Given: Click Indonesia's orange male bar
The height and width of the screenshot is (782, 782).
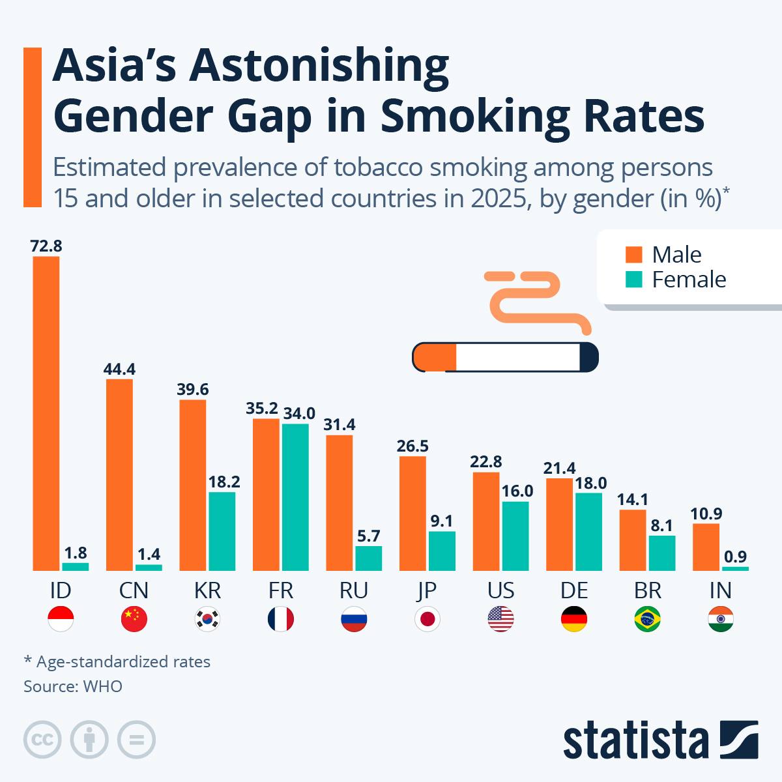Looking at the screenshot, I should pos(46,413).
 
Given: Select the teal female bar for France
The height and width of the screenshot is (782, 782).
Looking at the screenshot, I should pos(295,497).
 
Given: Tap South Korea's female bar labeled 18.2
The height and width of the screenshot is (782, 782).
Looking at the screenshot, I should pos(222,531).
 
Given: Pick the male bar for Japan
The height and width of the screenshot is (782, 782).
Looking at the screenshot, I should pos(413,513).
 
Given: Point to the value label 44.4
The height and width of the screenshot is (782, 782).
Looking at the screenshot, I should pos(119,369).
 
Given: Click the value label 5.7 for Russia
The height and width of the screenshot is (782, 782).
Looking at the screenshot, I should pos(368,536).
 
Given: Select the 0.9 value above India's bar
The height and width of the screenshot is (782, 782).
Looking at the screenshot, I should pos(736,557).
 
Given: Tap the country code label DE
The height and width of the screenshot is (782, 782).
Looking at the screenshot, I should pos(574,590).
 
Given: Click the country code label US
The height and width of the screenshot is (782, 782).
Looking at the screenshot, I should pos(500,590).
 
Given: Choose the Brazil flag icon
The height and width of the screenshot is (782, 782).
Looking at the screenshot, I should pos(647,619).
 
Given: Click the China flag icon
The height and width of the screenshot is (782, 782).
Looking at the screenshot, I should pos(134,619).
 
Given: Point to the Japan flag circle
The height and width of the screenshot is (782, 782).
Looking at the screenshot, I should pos(427,619).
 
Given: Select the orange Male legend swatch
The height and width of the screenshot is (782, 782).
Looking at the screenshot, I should pos(633,254).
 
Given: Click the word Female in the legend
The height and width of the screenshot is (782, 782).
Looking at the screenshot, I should pos(689,280).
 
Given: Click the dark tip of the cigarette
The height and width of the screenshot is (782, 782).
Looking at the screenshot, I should pos(588,357).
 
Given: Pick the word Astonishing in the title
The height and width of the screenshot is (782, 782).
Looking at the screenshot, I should pos(319,67).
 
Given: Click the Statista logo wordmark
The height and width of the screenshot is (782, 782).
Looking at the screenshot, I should pos(635,740).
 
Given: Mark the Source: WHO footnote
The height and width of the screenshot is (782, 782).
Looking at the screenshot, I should pos(73,686).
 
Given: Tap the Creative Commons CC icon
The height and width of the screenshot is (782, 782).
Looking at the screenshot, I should pos(43,740).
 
